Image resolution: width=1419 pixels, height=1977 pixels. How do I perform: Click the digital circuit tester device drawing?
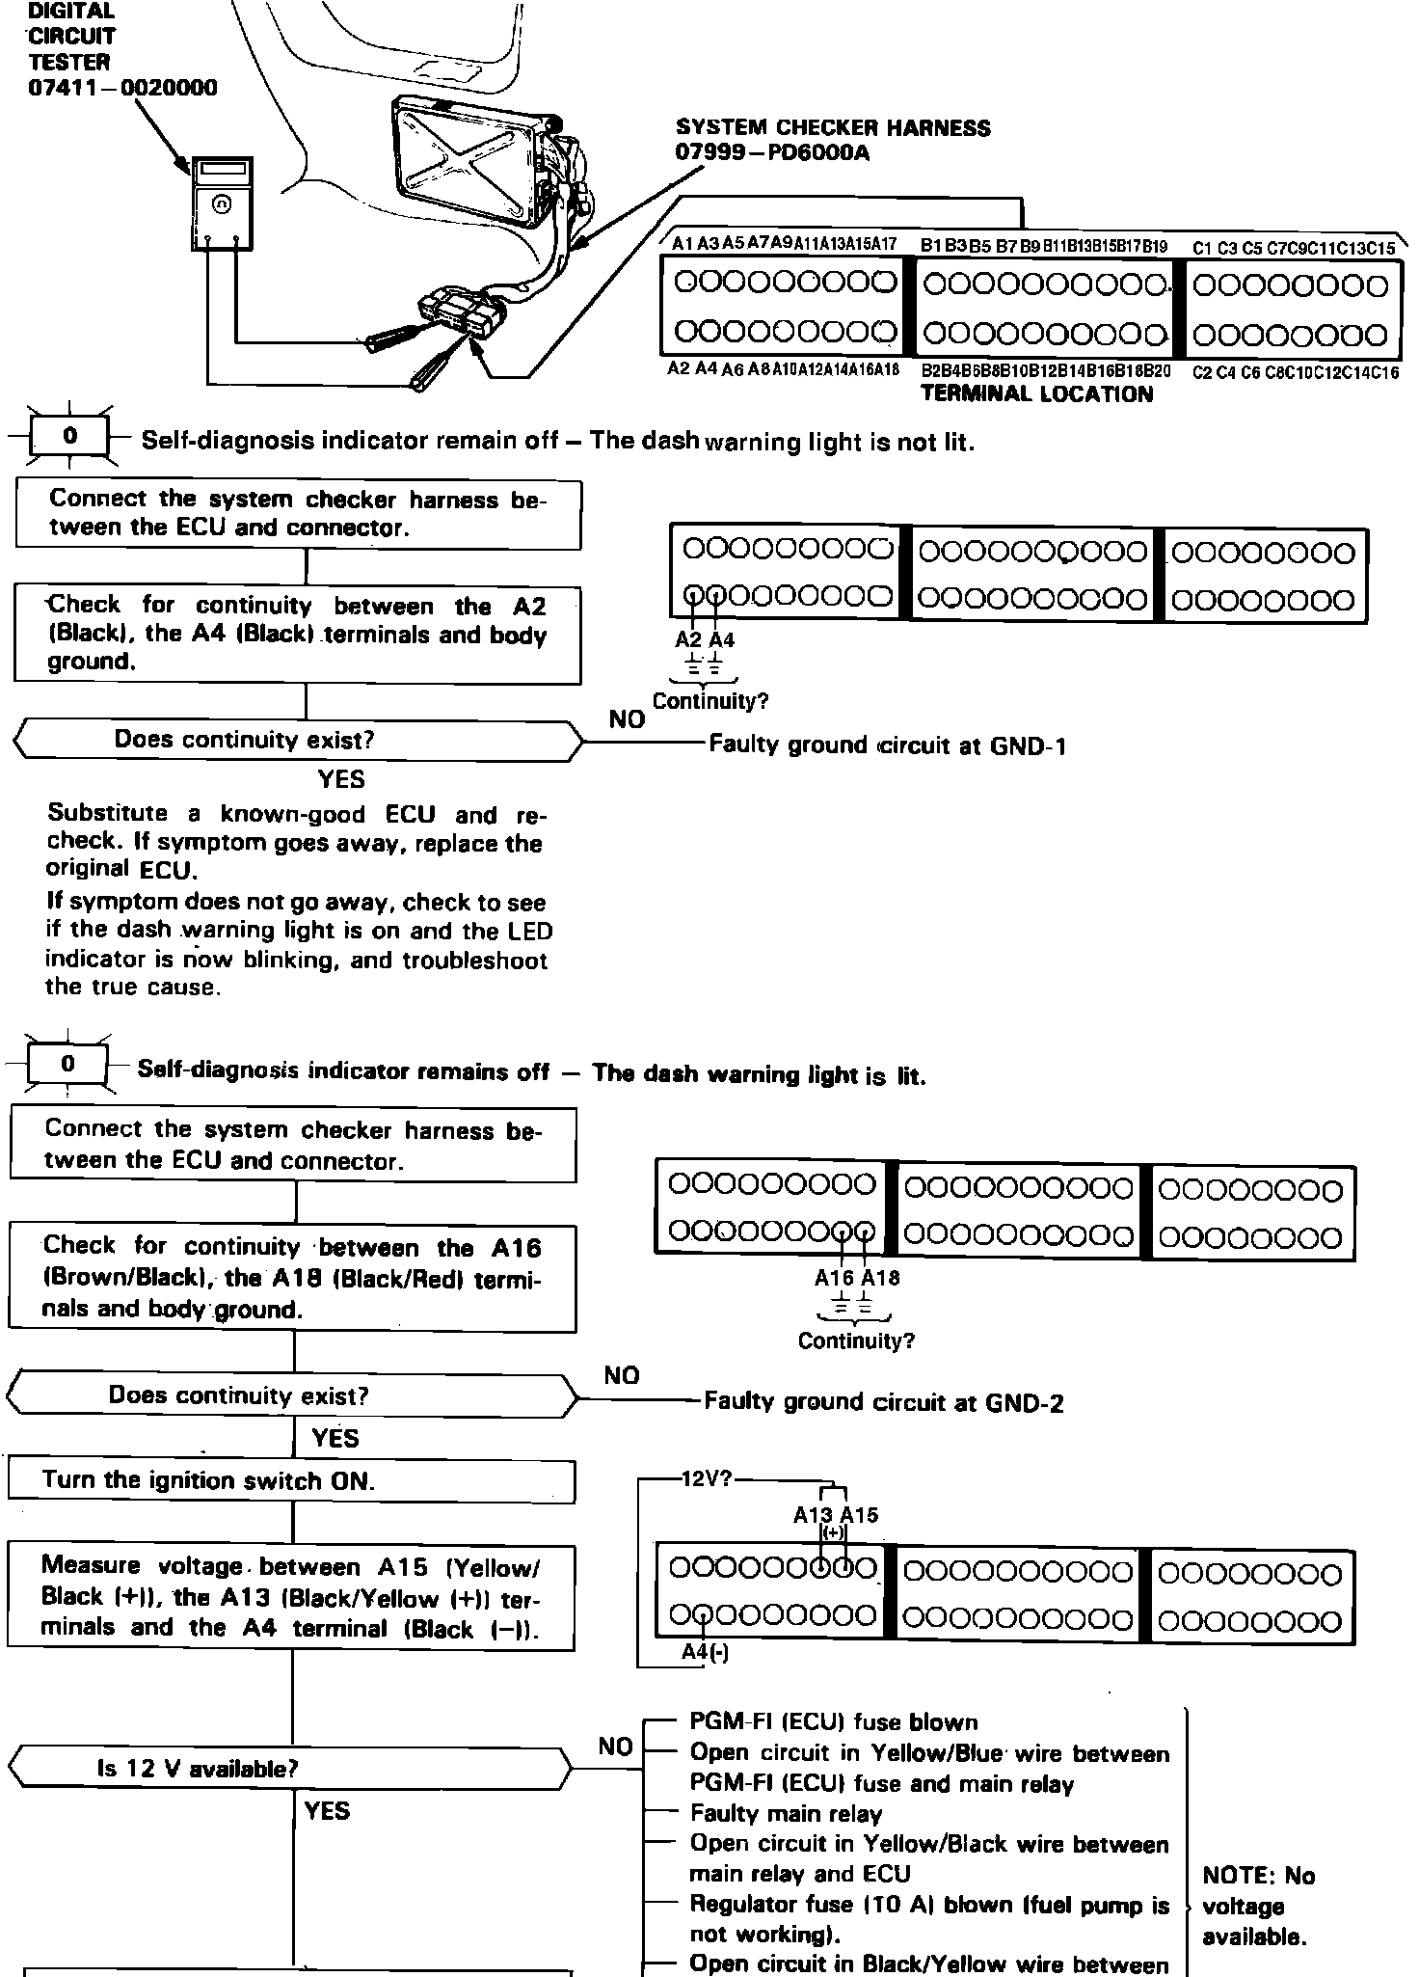coord(223,203)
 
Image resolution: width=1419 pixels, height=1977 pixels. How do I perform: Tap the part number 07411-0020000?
coord(122,88)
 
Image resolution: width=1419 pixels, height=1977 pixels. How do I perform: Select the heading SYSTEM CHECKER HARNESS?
coord(833,127)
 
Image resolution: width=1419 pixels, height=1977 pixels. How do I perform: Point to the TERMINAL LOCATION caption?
coord(1036,393)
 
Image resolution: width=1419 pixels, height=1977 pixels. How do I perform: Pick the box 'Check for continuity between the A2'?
coord(297,634)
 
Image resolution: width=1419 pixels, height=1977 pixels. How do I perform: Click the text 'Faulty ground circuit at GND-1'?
coord(887,745)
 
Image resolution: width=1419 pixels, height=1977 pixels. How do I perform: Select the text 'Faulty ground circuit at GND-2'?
coord(884,1402)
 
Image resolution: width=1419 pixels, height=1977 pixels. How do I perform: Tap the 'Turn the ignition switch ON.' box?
coord(291,1480)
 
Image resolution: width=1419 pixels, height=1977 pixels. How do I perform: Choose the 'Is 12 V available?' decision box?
coord(289,1768)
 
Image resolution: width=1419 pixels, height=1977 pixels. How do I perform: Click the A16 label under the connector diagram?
coord(834,1278)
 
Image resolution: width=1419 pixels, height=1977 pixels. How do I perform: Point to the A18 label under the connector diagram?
coord(880,1278)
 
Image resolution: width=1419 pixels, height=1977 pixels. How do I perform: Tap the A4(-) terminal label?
coord(705,1652)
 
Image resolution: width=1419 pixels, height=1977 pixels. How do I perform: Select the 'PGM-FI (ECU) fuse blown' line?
coord(833,1722)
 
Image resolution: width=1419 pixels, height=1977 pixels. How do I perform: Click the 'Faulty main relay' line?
coord(786,1814)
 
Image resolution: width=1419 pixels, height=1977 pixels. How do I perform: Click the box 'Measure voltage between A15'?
coord(291,1597)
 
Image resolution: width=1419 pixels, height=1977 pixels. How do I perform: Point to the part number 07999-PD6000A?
coord(772,153)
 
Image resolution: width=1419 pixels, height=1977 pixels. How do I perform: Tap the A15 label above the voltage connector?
coord(859,1515)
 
